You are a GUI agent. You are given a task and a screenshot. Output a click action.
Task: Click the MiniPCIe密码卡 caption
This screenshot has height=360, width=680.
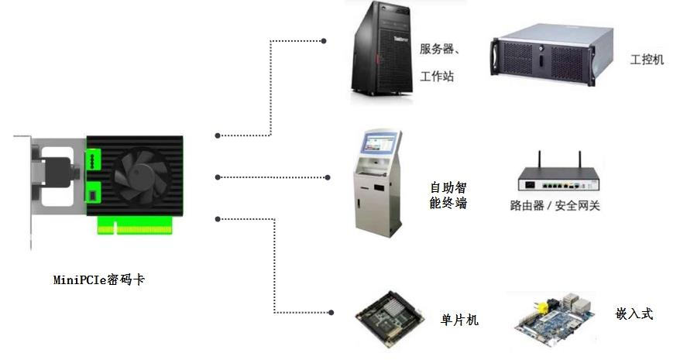(x=99, y=279)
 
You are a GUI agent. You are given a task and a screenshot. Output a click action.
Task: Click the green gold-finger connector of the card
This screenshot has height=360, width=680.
(x=135, y=225)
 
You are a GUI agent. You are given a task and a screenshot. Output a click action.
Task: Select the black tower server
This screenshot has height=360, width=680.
(x=382, y=49)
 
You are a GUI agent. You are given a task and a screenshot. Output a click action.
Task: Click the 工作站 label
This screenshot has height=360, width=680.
(x=437, y=77)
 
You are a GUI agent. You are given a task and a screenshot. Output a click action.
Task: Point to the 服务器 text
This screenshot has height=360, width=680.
(x=437, y=49)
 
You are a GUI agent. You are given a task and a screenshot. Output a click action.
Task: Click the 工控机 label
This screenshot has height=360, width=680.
(x=647, y=59)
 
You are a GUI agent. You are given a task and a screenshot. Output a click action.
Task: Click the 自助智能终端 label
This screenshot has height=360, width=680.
(x=448, y=195)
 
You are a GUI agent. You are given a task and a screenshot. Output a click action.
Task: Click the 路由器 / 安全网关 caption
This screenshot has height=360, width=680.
(x=555, y=205)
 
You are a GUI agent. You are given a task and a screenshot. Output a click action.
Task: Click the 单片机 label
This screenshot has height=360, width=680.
(x=459, y=320)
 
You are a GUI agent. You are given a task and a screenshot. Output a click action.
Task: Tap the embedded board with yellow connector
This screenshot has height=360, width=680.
(x=555, y=318)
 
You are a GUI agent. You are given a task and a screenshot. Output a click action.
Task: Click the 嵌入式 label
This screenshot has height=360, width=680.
(x=634, y=313)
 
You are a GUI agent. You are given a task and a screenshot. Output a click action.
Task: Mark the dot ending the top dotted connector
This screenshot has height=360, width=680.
(x=324, y=41)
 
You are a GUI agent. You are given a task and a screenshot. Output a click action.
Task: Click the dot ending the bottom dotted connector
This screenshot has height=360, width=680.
(x=331, y=312)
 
